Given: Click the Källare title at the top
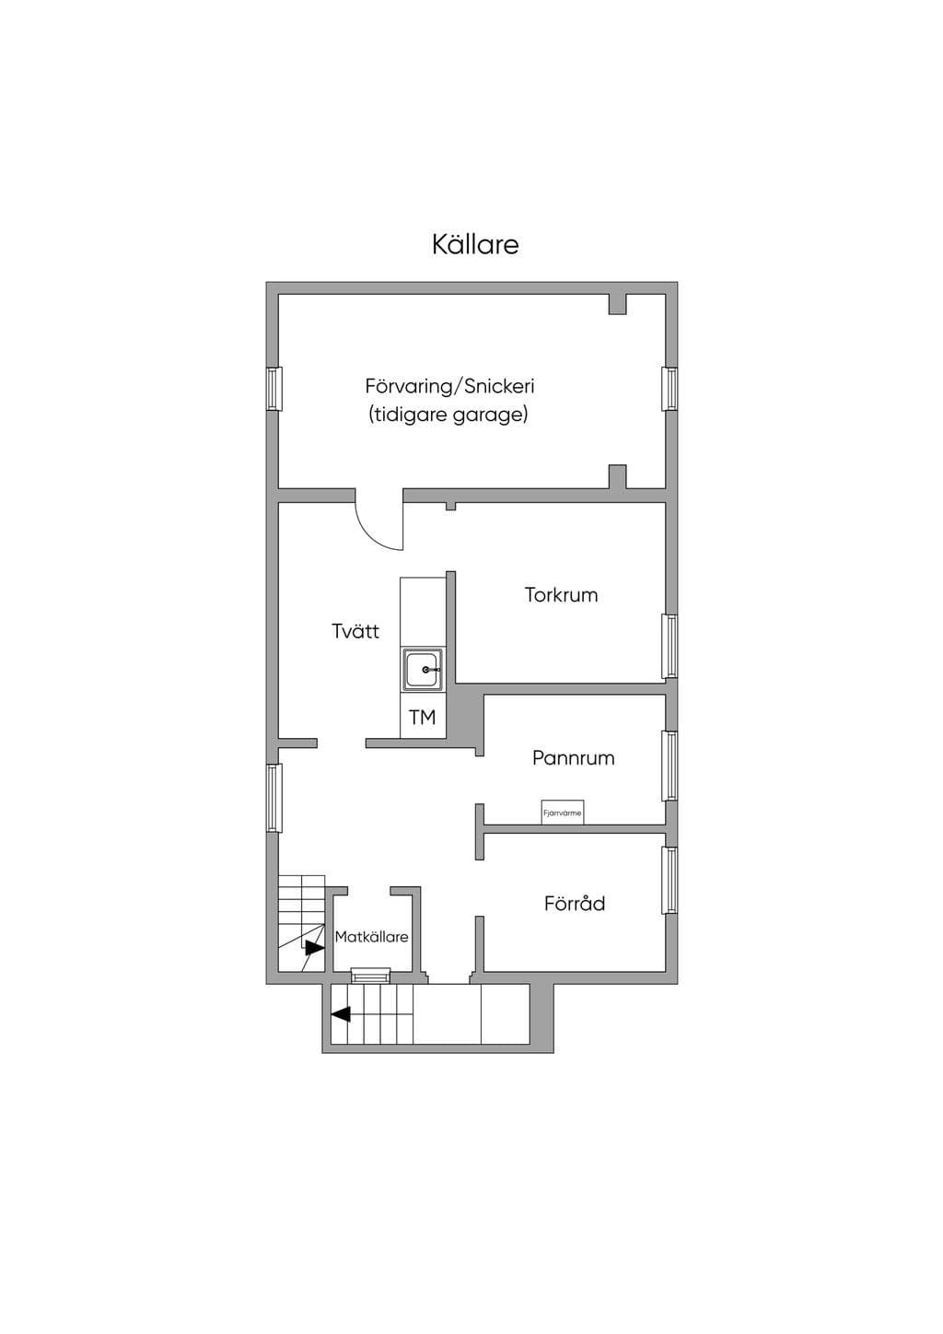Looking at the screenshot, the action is (475, 244).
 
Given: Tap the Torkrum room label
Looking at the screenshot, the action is (561, 595).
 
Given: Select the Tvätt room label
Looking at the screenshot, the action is (355, 631).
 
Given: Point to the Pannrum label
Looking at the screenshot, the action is (573, 758).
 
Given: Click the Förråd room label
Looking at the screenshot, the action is (574, 904).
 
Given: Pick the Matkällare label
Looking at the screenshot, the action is (371, 937).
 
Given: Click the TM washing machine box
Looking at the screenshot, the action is (423, 717).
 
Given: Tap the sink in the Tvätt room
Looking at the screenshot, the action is (423, 670).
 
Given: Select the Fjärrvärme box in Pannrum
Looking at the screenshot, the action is (562, 813).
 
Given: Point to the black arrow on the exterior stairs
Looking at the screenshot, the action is (341, 1013).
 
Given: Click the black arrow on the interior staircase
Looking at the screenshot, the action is (313, 947).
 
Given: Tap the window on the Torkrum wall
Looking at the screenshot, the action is (669, 646).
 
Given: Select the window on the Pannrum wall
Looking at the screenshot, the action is (669, 766).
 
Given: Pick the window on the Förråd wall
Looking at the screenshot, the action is (669, 880).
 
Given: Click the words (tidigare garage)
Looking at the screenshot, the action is (448, 415).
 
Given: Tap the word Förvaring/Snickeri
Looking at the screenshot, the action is (449, 386).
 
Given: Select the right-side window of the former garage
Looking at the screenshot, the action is (669, 389).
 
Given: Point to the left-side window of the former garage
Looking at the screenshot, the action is (274, 388).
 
